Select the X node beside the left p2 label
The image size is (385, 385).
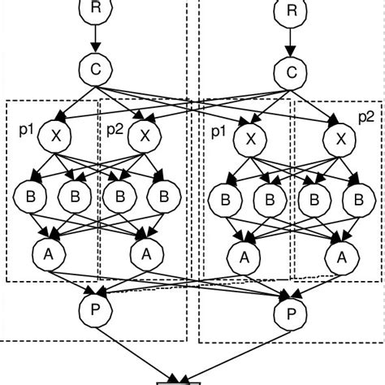[145, 135]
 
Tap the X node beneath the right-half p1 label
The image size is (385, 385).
[244, 140]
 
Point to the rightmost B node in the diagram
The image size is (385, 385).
[356, 200]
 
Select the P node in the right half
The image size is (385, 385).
[287, 312]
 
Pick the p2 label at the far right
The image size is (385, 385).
[366, 116]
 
